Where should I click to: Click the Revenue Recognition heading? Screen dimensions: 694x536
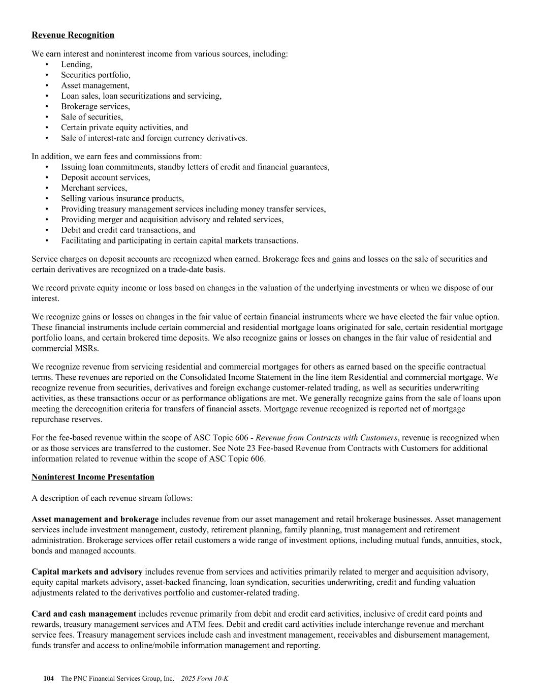73,35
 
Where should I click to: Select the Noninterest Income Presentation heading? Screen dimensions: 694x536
93,477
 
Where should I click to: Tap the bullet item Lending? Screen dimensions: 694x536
77,65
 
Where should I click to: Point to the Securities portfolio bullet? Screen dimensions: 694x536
96,75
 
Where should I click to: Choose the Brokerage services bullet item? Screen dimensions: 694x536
96,107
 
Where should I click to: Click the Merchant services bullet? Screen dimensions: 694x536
94,188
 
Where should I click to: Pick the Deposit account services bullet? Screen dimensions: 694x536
106,177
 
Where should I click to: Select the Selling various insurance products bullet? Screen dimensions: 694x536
122,199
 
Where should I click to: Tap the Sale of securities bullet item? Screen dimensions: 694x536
92,117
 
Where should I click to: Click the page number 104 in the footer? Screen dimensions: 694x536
49,679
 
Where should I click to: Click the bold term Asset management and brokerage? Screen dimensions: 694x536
95,519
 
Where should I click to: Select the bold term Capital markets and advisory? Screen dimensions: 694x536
87,572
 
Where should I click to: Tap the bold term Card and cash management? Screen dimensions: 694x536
84,614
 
